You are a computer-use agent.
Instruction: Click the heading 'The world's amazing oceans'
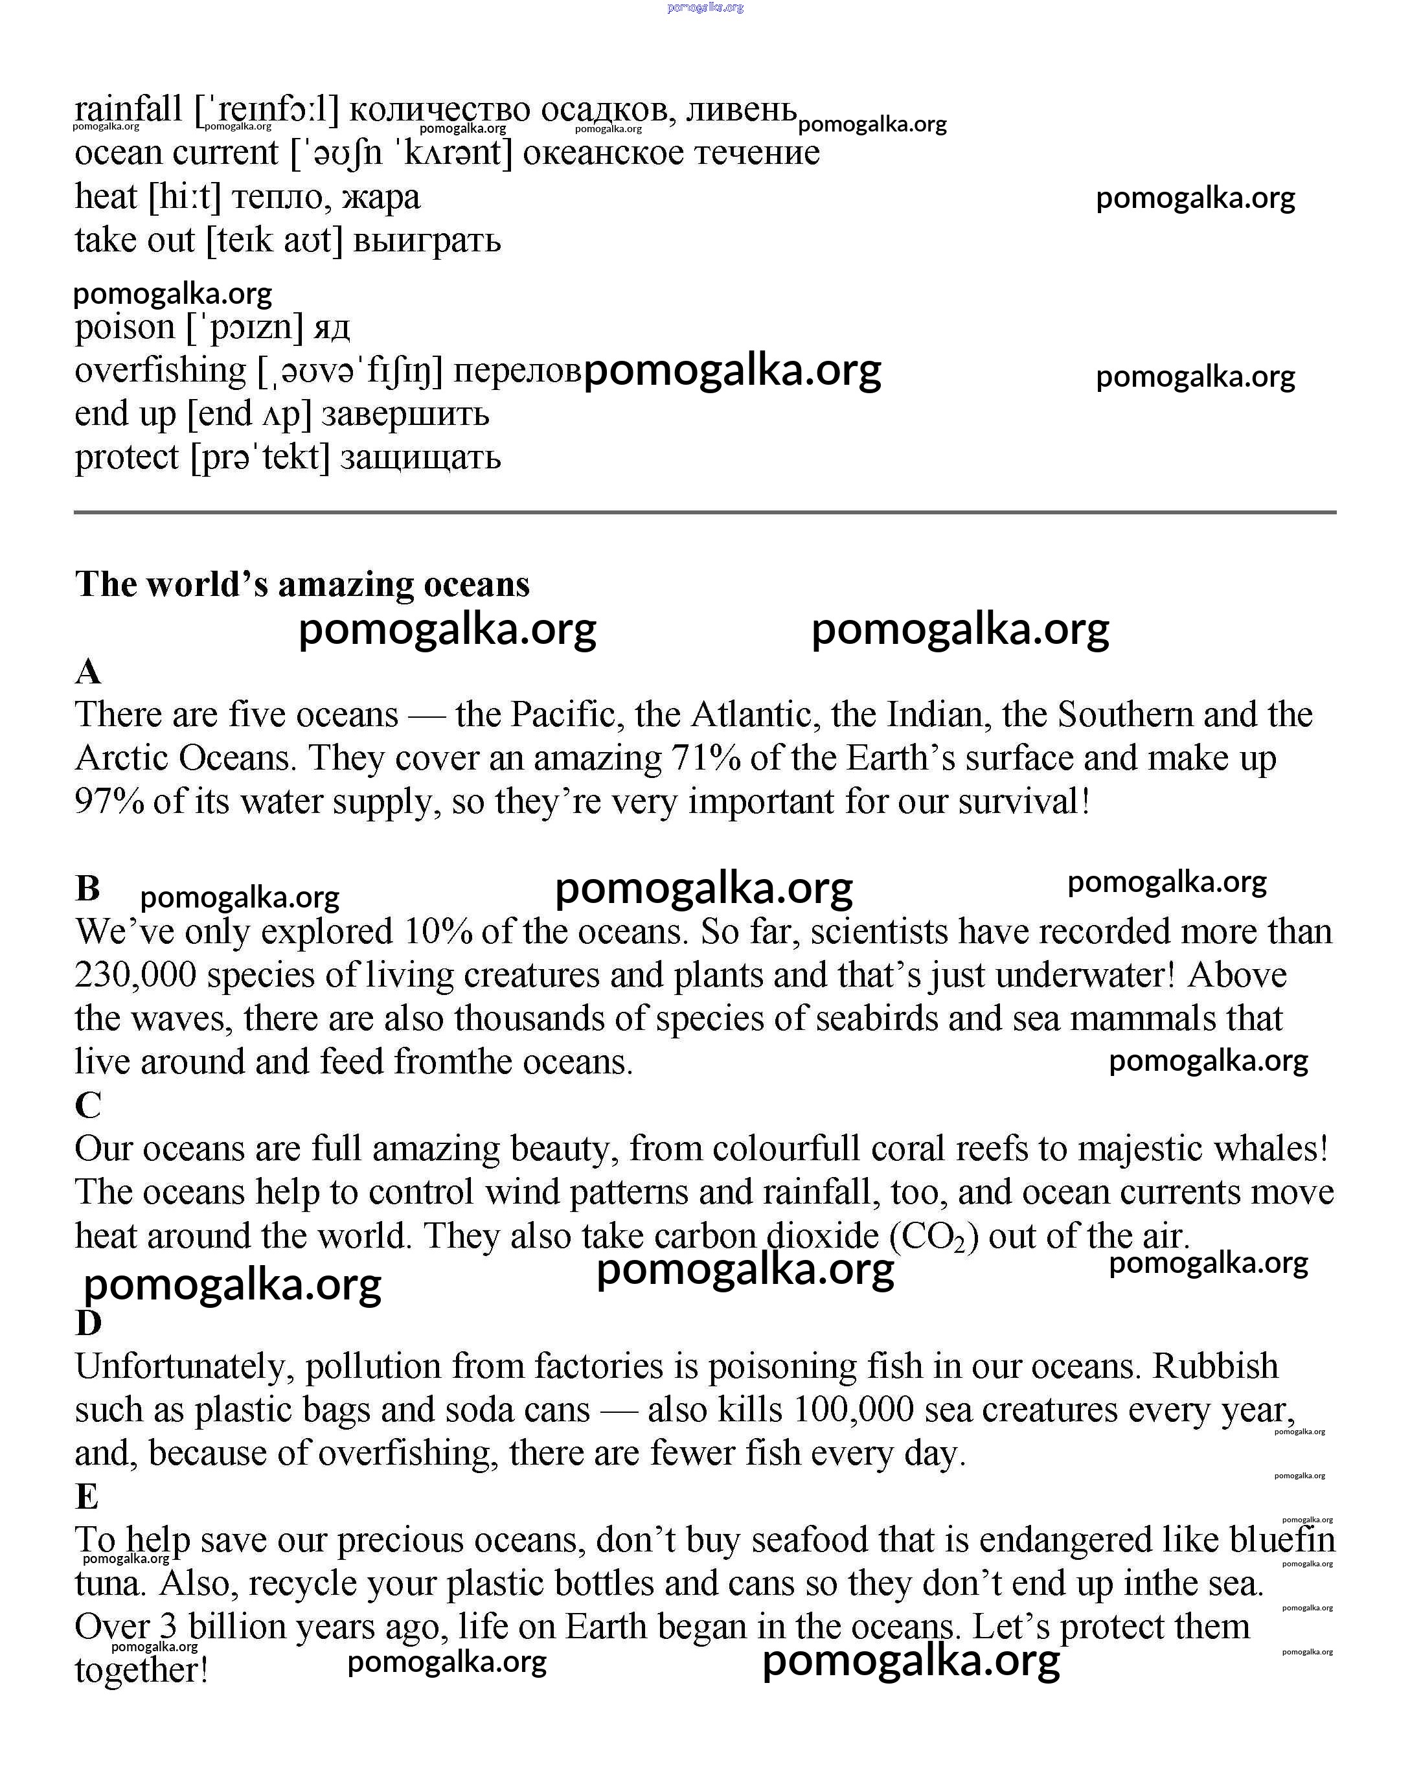(302, 585)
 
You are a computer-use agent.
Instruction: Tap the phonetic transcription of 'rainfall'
(266, 109)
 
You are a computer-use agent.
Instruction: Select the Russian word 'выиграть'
(427, 241)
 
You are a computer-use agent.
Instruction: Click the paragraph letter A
(88, 672)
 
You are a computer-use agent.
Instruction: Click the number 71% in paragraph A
(705, 758)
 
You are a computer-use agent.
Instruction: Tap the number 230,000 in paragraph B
(135, 976)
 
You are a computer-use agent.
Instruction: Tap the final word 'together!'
(141, 1671)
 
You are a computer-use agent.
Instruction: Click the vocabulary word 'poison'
(125, 327)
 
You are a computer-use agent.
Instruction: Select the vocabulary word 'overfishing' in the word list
(161, 371)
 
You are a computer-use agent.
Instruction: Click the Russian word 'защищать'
(420, 458)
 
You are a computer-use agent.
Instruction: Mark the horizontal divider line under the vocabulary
(705, 512)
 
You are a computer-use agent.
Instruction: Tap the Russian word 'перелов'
(517, 372)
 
